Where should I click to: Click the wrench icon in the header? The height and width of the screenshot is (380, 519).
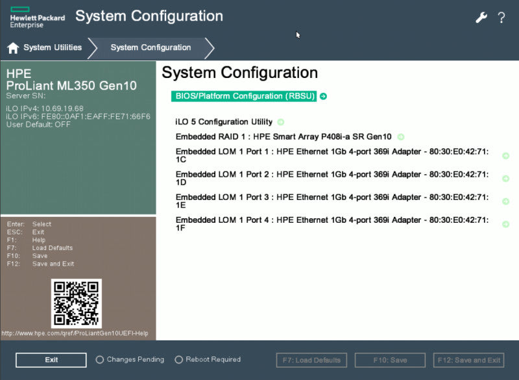tap(481, 18)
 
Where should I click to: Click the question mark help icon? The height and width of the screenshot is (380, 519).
tap(501, 18)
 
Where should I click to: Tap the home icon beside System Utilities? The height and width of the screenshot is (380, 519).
tap(13, 48)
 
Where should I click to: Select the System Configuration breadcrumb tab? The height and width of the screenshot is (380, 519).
tap(151, 47)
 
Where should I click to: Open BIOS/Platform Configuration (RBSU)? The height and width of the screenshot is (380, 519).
tap(245, 96)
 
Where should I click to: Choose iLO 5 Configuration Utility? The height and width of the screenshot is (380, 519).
tap(224, 122)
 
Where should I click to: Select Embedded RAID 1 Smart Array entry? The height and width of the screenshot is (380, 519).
tap(284, 137)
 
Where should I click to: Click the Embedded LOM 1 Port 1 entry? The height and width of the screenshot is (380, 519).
tap(332, 155)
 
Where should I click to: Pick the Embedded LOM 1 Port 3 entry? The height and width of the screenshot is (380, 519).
tap(332, 201)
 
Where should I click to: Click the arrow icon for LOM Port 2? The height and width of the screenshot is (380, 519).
tap(505, 179)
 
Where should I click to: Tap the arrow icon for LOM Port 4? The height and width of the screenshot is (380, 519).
tap(505, 224)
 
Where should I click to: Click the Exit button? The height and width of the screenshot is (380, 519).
tap(51, 360)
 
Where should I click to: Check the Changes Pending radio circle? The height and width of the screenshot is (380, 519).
tap(100, 360)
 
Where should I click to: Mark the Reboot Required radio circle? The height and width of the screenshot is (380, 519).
tap(179, 360)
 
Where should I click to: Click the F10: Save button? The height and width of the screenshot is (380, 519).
tap(390, 360)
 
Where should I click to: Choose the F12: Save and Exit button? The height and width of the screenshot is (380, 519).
tap(468, 360)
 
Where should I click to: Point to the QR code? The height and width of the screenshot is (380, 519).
tap(77, 303)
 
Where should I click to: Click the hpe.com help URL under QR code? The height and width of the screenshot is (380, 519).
tap(75, 333)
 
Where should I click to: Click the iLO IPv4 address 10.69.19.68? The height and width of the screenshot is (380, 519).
tap(62, 108)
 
